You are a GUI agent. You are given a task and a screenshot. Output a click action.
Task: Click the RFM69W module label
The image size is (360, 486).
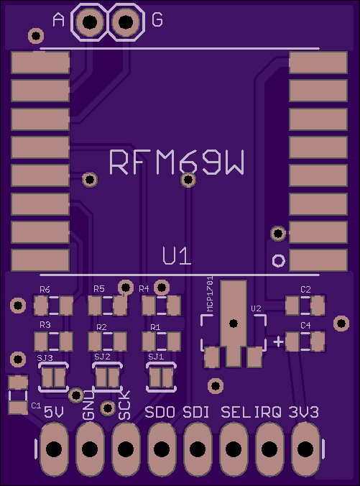177,162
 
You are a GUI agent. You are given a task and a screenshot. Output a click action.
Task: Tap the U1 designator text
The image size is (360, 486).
177,256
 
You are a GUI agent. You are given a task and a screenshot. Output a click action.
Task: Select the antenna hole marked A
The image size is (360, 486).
90,22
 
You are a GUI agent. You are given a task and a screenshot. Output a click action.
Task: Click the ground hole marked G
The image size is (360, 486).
126,22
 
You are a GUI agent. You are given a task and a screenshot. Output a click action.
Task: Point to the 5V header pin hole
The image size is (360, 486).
54,449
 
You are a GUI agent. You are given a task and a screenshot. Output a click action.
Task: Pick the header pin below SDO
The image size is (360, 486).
162,449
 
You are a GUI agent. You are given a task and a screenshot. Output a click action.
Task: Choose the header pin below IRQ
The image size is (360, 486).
269,449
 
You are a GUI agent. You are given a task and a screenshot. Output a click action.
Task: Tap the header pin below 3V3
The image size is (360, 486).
305,449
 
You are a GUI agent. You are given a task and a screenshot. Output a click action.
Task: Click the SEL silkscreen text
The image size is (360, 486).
235,412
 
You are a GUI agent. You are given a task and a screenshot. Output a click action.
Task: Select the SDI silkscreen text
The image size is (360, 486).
195,412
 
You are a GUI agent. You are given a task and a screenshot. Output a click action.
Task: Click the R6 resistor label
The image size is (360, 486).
45,290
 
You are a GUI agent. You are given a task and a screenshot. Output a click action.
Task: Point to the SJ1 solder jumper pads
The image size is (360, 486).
162,378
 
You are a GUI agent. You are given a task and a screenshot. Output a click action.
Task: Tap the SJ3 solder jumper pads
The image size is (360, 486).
54,378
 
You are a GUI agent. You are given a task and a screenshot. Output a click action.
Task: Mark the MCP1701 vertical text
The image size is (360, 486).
210,294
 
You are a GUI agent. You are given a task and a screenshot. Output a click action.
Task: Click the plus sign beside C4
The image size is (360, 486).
278,342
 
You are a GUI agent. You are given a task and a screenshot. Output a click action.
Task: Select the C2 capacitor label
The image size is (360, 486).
305,290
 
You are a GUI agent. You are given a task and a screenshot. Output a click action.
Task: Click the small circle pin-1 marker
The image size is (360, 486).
278,261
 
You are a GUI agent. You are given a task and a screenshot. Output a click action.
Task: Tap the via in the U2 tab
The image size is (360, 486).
234,324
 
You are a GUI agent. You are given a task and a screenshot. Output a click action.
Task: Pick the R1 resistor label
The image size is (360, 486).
155,327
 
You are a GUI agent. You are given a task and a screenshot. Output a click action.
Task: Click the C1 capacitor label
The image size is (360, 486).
36,405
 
